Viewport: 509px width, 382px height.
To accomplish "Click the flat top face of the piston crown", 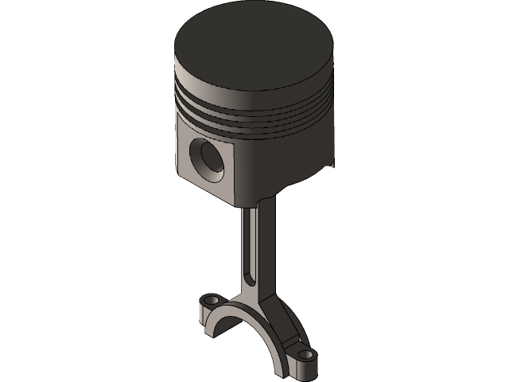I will point(253,48).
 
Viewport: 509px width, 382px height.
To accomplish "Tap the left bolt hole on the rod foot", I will point(209,301).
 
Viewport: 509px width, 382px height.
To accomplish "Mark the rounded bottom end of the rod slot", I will point(249,279).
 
